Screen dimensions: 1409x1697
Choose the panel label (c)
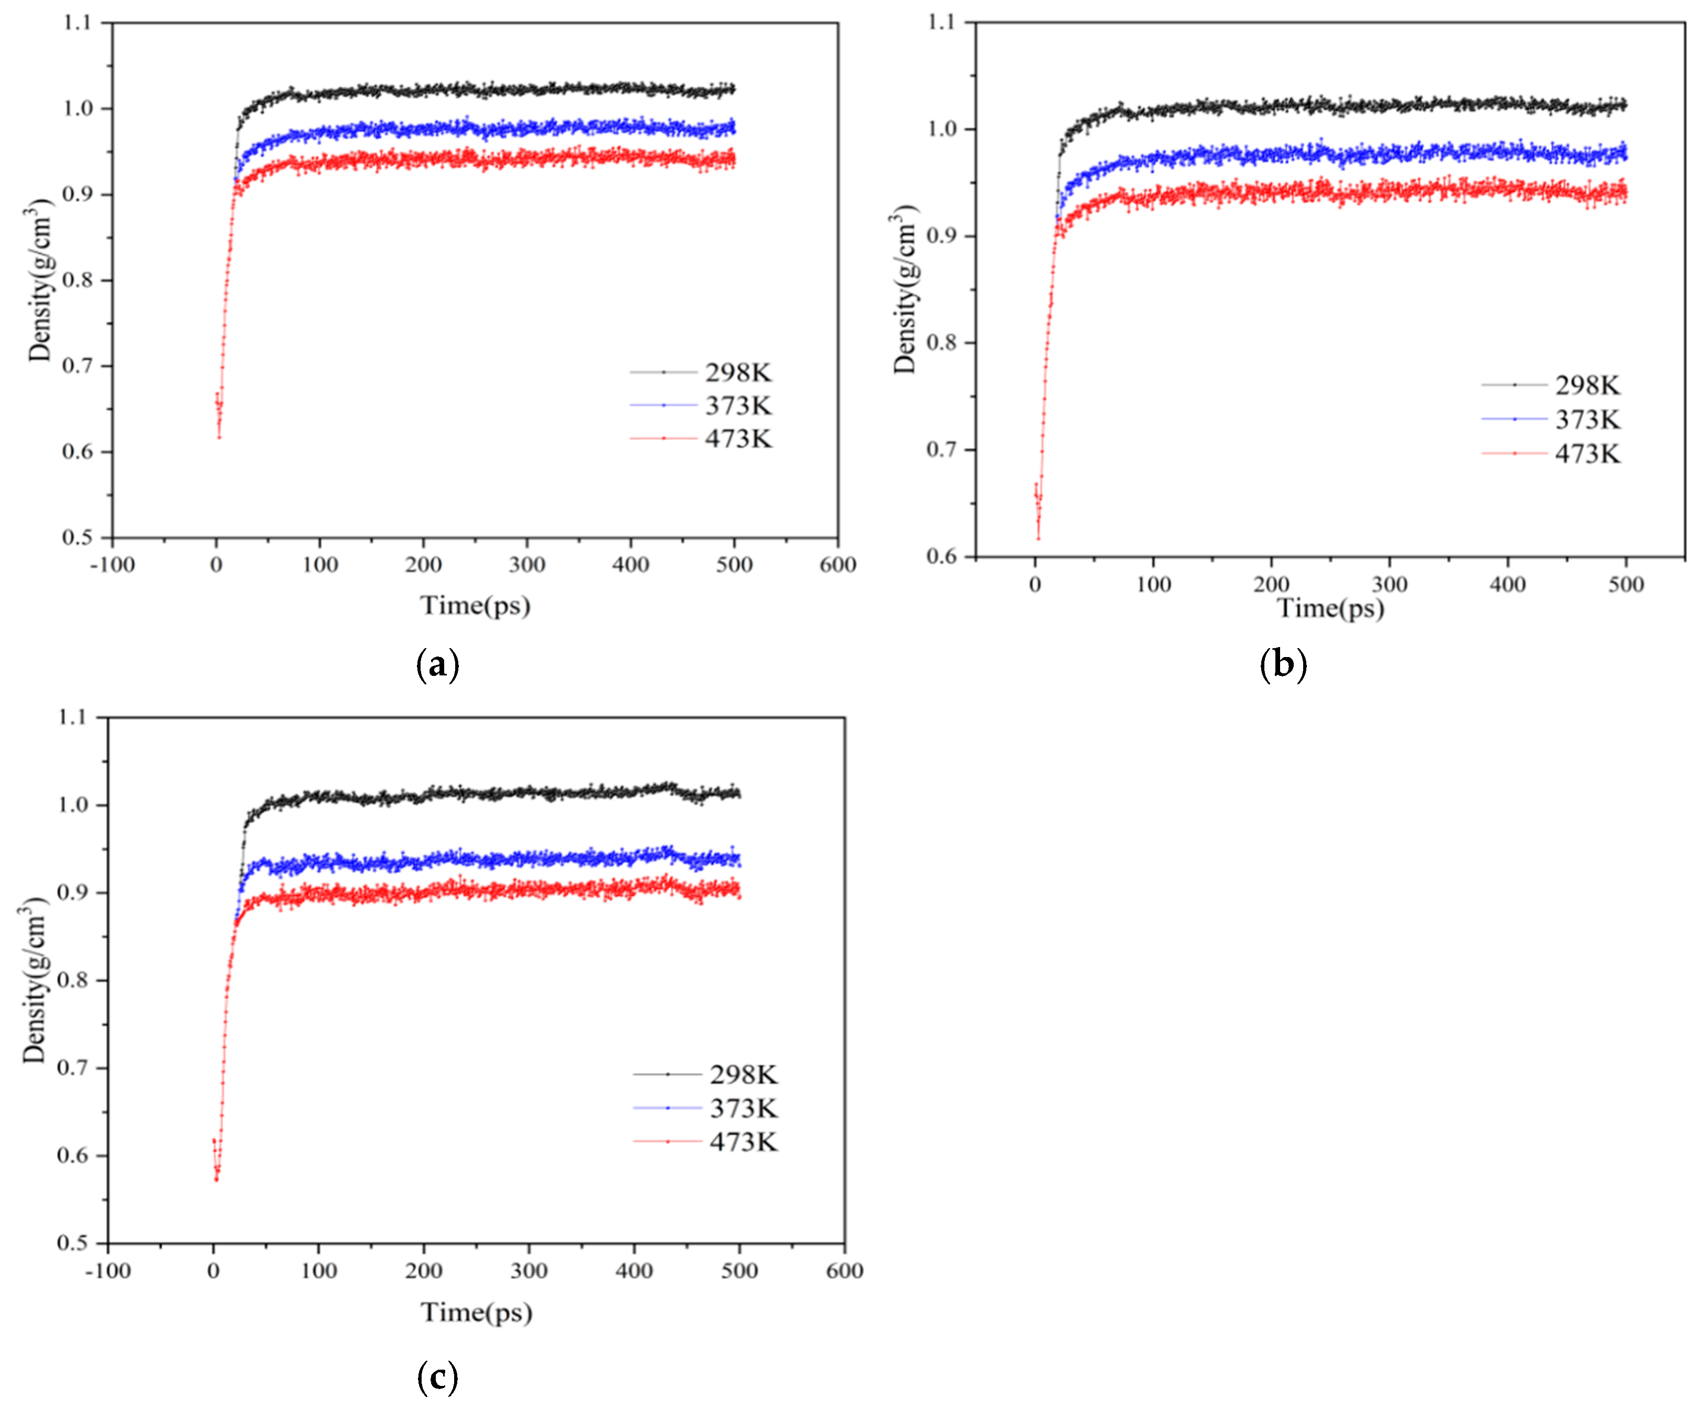coord(437,1376)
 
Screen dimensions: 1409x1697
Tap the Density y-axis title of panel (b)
coord(905,289)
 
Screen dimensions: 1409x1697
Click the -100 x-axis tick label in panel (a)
coord(112,565)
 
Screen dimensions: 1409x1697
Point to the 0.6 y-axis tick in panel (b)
coord(941,557)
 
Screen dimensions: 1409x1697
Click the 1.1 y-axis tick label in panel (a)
coord(78,23)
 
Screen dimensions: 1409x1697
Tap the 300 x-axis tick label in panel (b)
coord(1389,584)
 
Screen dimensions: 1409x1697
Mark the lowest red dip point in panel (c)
coord(217,1179)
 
